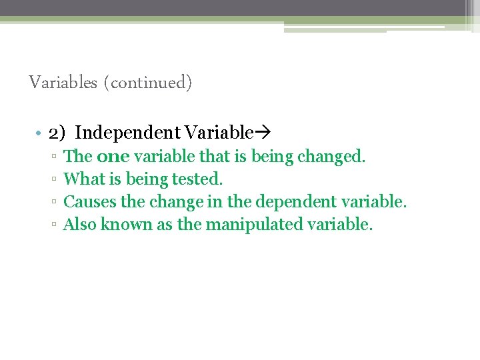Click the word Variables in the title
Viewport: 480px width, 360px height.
pos(63,83)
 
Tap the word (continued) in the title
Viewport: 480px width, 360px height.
pos(147,83)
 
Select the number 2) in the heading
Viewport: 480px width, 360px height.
pos(57,133)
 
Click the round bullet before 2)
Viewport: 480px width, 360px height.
pos(40,134)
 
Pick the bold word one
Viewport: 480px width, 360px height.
pos(113,157)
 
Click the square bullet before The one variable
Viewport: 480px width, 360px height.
pos(53,157)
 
